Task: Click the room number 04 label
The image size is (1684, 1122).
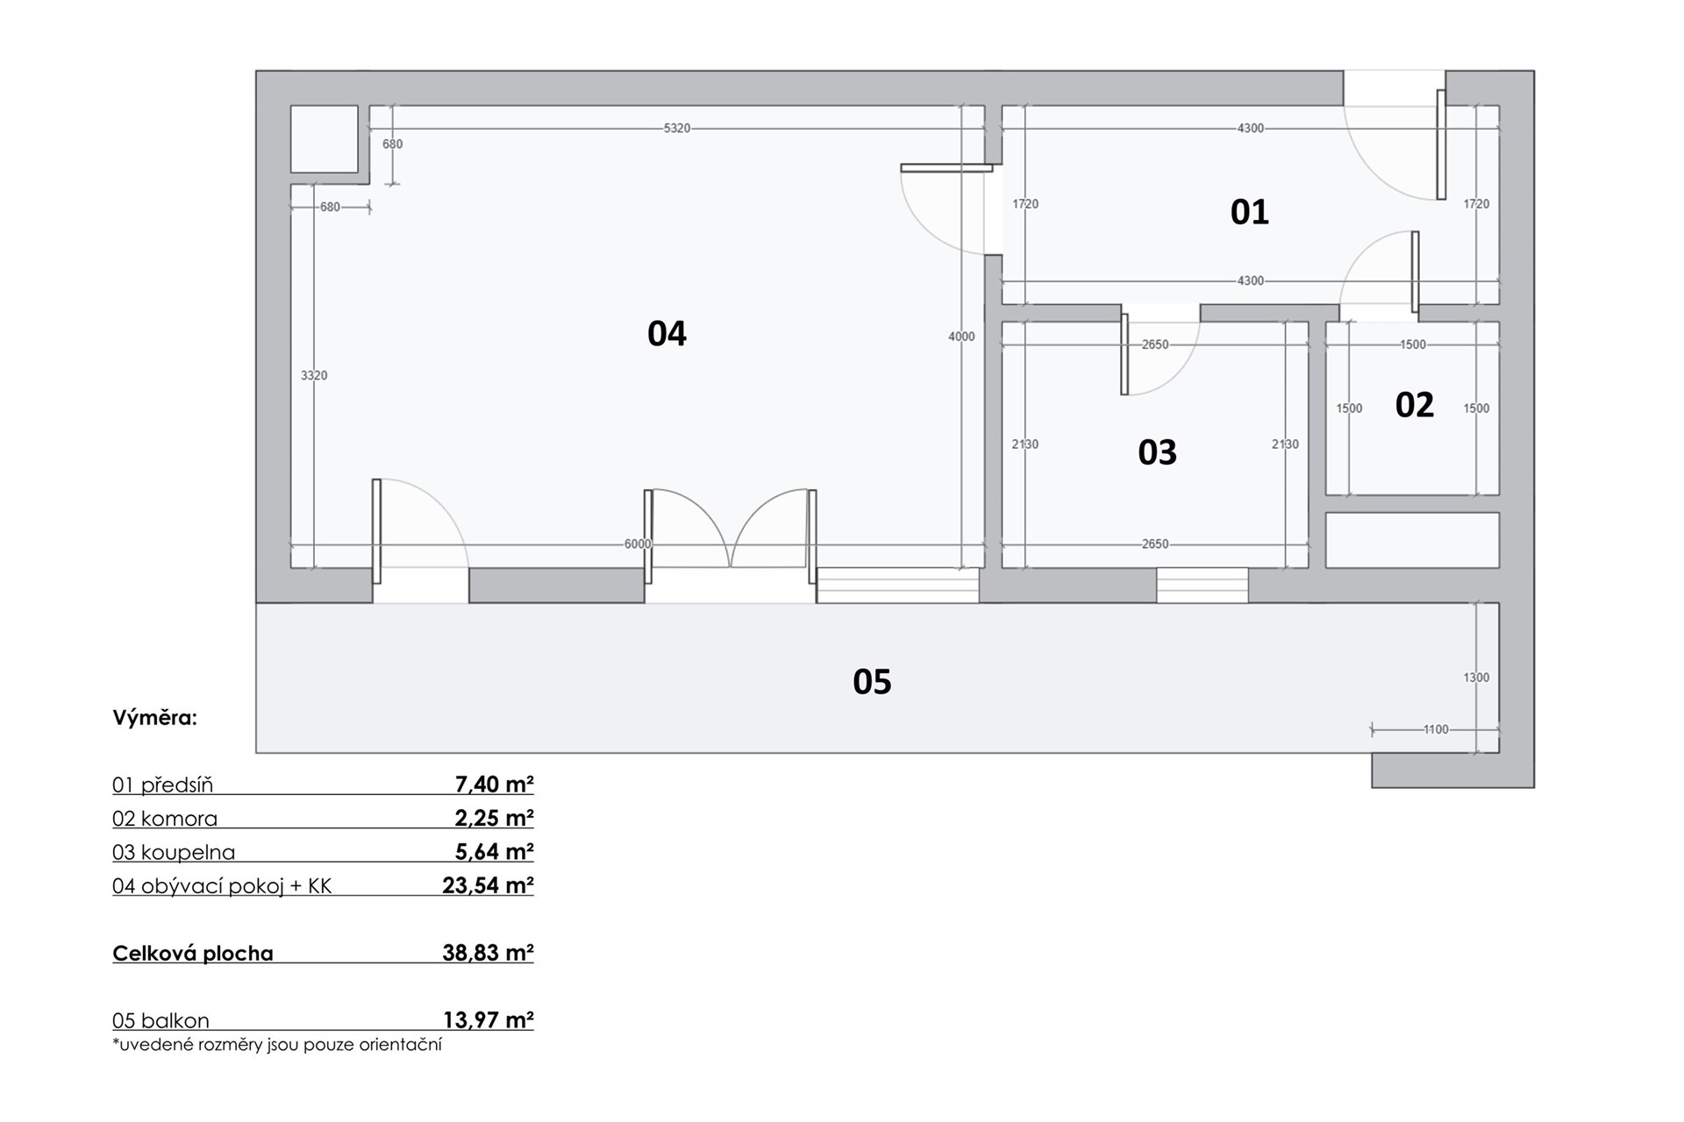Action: pos(667,334)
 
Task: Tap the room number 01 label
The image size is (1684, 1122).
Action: pos(1249,212)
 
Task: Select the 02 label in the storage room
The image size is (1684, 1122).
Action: pos(1414,405)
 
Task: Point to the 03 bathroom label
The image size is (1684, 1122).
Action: pos(1157,452)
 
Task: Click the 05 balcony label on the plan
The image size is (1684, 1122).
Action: pos(872,682)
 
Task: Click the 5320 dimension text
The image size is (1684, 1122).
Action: pos(677,128)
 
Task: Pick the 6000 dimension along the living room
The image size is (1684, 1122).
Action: pos(638,544)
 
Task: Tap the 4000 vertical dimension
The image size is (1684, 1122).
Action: pos(961,337)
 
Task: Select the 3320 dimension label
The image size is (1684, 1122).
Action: pos(314,375)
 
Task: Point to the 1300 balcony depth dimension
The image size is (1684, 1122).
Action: pos(1476,678)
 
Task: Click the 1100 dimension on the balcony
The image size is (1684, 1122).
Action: pos(1436,729)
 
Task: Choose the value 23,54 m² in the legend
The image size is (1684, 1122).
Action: pos(488,885)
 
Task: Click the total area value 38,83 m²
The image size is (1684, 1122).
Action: pos(488,953)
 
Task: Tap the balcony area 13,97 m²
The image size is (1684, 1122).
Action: pos(489,1020)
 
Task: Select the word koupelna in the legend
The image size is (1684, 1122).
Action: pos(188,853)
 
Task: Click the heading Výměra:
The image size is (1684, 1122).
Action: pos(154,718)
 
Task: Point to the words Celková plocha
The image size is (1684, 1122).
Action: pos(193,954)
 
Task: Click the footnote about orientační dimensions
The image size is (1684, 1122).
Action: pos(277,1045)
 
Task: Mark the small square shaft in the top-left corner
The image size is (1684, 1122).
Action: pos(324,139)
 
